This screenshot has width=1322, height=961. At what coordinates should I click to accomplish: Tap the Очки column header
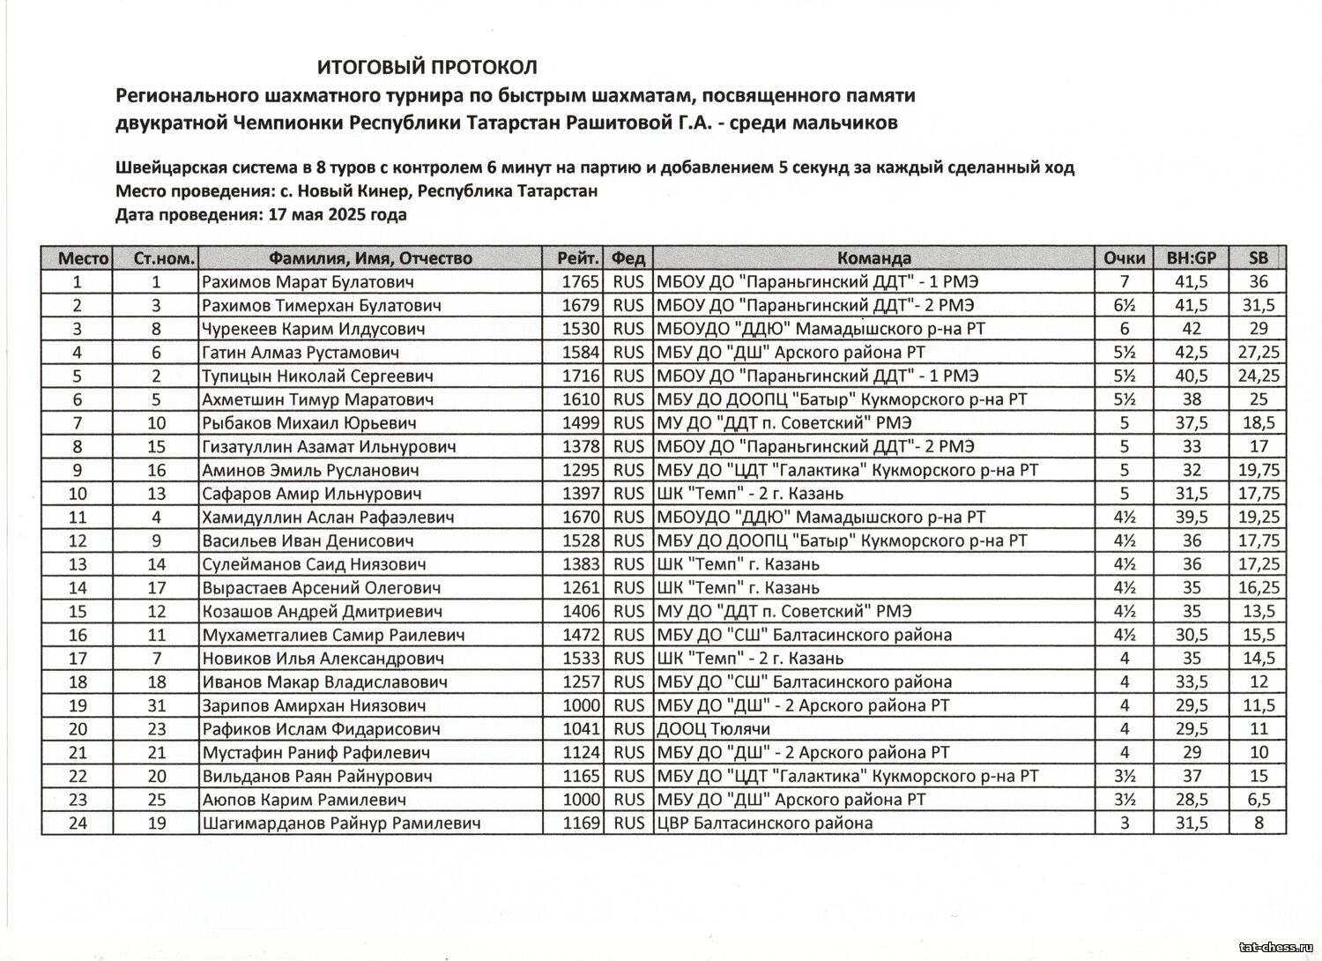1125,258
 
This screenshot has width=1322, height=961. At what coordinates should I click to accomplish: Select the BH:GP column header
1191,258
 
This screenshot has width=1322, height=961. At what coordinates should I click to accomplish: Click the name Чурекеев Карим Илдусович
313,329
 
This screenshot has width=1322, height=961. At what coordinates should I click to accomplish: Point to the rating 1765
580,282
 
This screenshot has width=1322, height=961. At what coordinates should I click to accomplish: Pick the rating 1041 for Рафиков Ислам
580,729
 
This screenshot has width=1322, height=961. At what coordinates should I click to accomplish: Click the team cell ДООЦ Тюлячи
713,729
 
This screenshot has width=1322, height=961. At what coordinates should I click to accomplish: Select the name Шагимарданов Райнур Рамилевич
341,823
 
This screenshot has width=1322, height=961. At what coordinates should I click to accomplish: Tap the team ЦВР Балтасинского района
764,823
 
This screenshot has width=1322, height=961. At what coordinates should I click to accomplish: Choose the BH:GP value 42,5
1191,353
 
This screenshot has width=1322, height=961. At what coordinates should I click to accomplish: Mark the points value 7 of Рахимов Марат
1125,282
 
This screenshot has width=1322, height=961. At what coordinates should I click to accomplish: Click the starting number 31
156,705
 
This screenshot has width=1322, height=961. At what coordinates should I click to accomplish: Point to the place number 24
78,823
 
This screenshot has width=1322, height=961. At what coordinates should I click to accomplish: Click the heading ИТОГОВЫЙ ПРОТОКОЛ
427,67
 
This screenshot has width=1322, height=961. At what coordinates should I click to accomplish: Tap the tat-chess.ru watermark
1274,947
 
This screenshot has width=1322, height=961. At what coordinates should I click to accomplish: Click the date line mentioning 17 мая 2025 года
261,214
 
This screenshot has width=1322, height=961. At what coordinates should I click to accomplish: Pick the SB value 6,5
1259,800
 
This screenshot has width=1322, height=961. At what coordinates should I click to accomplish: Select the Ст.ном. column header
164,258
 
